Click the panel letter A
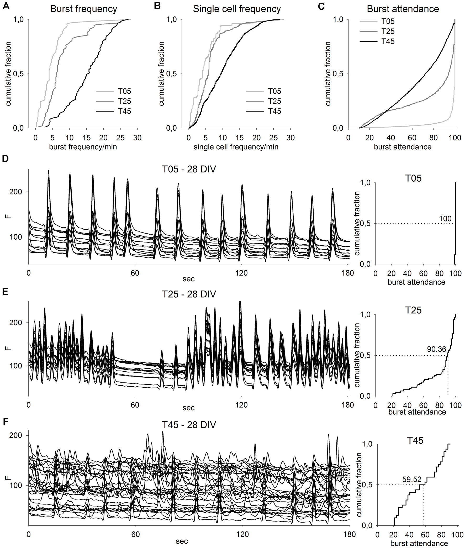click(6, 6)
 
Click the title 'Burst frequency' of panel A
click(83, 9)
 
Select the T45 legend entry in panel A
click(124, 111)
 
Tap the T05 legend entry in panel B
click(274, 91)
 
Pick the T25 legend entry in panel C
click(388, 31)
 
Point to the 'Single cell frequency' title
click(237, 9)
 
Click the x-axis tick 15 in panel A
click(87, 138)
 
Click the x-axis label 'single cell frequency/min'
click(236, 147)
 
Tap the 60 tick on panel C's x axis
click(412, 138)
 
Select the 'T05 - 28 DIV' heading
click(189, 169)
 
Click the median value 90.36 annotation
click(437, 349)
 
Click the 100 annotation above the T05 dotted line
click(445, 219)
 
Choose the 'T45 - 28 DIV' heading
click(189, 425)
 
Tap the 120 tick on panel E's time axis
click(242, 405)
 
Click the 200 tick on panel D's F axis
click(15, 192)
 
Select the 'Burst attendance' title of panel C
click(403, 9)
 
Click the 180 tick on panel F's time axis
click(349, 534)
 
